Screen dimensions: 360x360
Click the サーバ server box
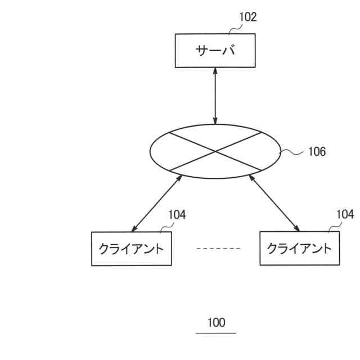tap(215, 51)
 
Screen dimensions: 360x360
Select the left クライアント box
tap(131, 248)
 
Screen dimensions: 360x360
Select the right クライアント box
tap(299, 248)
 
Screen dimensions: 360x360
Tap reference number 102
tap(247, 17)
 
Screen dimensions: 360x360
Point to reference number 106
tap(317, 151)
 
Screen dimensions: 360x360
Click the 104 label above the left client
tap(177, 214)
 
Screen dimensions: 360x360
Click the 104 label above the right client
tap(345, 214)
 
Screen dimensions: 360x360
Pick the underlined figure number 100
tap(216, 322)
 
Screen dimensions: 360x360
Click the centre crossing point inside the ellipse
tap(215, 151)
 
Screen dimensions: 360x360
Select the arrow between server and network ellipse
tap(215, 96)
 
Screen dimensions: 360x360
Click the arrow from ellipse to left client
tap(157, 203)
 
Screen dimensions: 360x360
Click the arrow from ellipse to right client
tap(274, 203)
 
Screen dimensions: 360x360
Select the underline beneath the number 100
tap(216, 333)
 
